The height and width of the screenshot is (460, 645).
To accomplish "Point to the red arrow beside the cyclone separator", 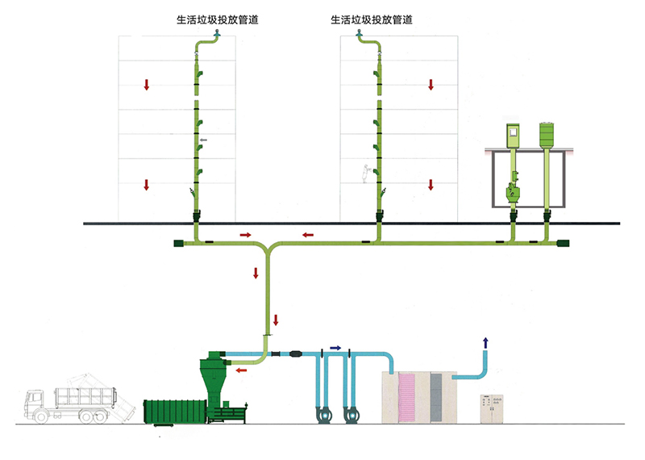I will [x=240, y=371].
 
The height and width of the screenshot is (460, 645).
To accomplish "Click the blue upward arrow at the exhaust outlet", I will [x=485, y=342].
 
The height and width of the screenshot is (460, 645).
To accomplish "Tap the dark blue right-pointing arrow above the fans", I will [x=335, y=348].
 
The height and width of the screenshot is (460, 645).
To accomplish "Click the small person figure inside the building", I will [x=365, y=173].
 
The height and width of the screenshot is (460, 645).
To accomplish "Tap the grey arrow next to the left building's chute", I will [x=203, y=140].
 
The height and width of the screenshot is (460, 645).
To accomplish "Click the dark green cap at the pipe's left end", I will [x=178, y=242].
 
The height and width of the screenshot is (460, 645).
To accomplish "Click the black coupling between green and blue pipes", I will [x=292, y=354].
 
